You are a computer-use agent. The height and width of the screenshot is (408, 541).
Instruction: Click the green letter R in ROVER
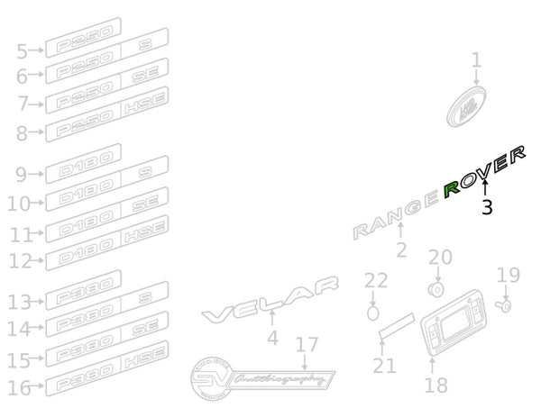453,186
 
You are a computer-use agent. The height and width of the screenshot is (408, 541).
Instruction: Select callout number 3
487,208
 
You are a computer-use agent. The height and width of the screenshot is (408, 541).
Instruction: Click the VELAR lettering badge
270,303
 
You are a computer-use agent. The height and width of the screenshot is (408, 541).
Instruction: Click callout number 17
307,344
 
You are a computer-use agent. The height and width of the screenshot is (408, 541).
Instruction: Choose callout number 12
20,261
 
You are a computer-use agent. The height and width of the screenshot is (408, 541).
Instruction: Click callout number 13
20,302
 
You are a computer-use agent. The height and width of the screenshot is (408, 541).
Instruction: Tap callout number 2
401,249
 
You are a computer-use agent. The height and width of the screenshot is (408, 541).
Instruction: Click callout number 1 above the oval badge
476,61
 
